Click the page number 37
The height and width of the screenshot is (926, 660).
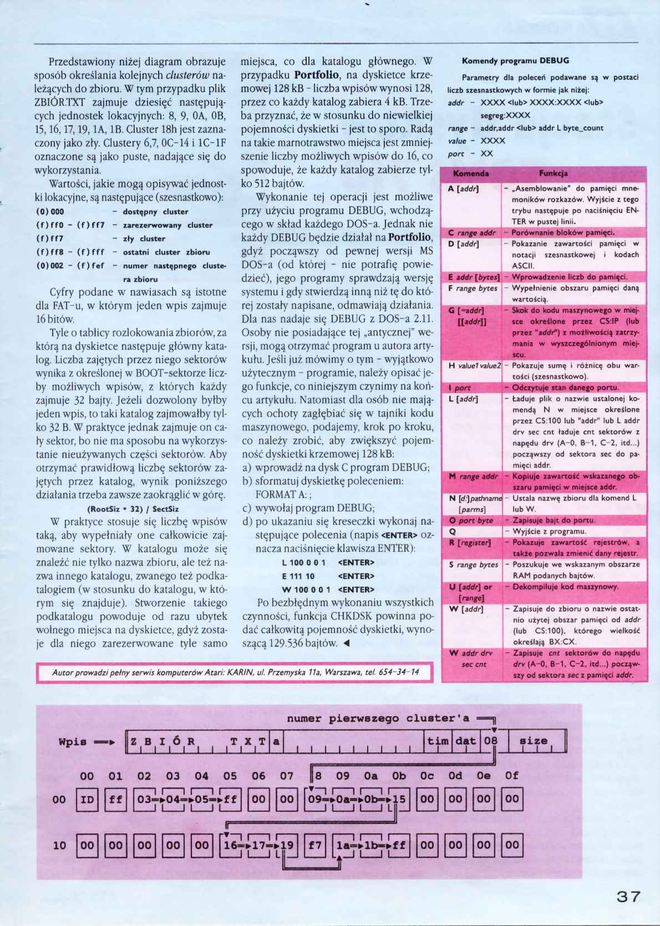coord(628,897)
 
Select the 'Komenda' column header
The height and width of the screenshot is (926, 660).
coord(471,174)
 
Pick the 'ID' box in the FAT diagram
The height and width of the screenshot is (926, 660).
coord(87,800)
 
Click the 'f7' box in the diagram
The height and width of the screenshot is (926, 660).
coord(315,846)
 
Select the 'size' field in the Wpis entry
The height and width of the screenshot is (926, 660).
coord(534,741)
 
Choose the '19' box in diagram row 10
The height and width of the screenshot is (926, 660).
coord(288,846)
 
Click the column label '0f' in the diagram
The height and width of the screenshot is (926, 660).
coord(512,776)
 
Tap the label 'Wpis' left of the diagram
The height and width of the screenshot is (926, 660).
coord(73,742)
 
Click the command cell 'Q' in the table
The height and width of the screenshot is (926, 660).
coord(452,531)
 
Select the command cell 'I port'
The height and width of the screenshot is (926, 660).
coord(460,388)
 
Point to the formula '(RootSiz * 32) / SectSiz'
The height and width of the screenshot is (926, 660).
coord(133,508)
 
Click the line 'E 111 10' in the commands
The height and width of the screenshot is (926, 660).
coord(298,576)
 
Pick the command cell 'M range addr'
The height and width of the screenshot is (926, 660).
coord(473,476)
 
